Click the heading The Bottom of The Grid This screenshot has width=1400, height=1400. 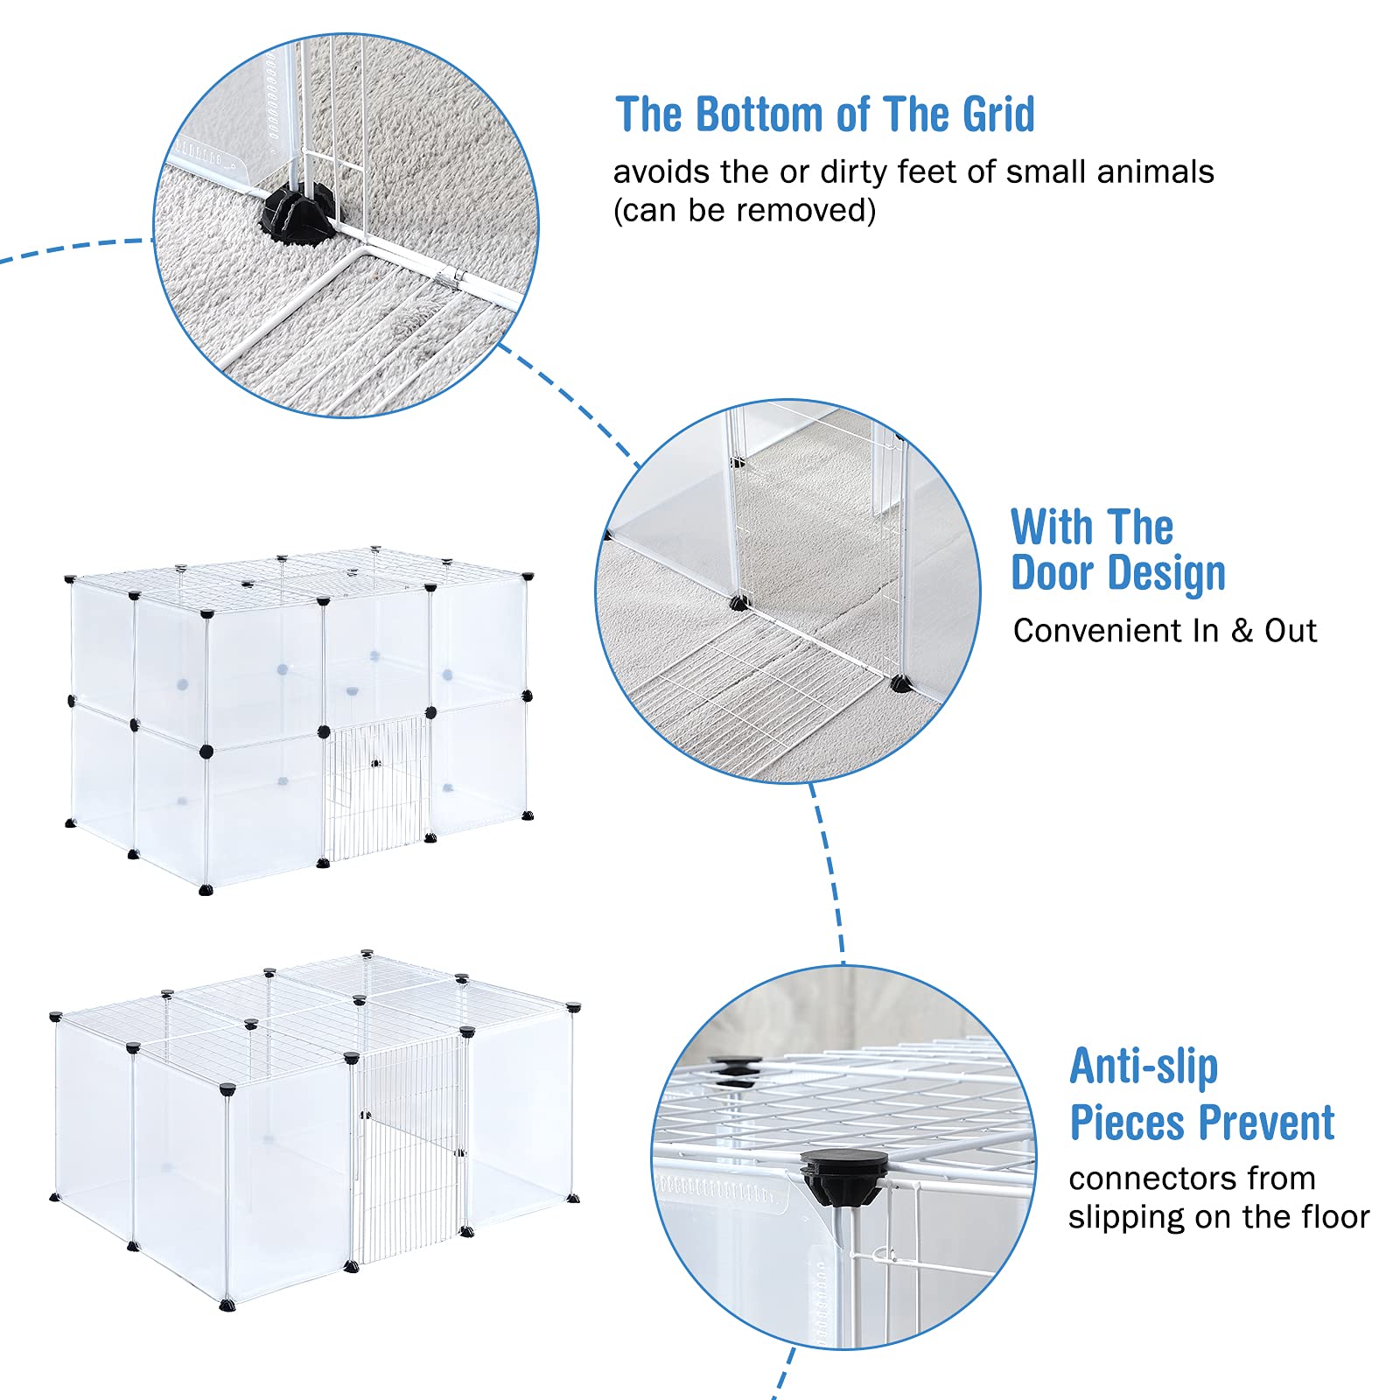(824, 115)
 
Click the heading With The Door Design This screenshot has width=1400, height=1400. (1116, 550)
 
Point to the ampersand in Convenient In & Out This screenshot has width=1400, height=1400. (1242, 631)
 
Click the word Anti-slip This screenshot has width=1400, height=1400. (1143, 1067)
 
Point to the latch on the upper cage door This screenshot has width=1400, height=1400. (377, 764)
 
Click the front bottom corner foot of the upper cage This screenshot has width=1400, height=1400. (206, 890)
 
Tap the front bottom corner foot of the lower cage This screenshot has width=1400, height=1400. (228, 1305)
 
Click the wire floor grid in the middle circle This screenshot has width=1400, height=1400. (744, 691)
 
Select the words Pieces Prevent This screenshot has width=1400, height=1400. (1201, 1123)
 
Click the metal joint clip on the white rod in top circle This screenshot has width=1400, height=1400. (452, 279)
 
